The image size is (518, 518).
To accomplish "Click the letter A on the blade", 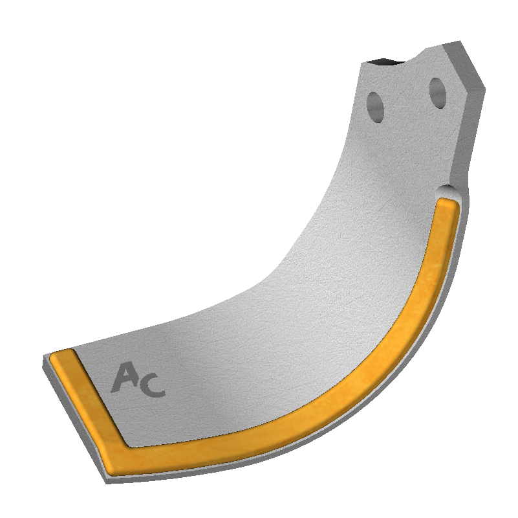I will [x=124, y=377].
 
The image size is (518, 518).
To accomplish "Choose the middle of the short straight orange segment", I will [x=91, y=401].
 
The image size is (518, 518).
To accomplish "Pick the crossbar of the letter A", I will [x=124, y=381].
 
